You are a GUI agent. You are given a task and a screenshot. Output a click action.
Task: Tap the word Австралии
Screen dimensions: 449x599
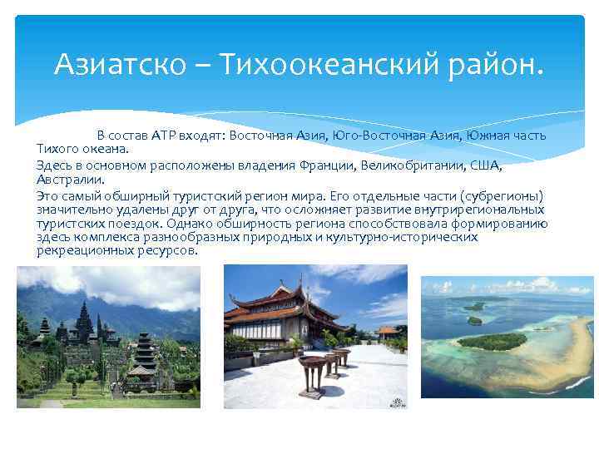tap(70, 179)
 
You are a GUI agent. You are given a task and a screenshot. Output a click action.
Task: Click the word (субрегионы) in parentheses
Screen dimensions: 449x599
tap(507, 195)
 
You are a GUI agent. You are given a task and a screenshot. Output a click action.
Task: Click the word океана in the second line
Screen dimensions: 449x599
tap(106, 149)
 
